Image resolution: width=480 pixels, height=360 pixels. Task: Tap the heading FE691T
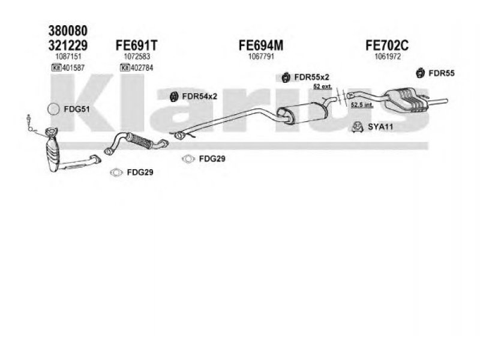click(x=137, y=45)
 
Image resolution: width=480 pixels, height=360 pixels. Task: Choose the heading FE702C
click(x=387, y=45)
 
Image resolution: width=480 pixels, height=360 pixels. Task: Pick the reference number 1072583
click(x=136, y=56)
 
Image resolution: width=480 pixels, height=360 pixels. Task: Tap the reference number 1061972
click(x=387, y=56)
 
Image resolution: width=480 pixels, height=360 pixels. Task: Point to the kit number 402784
click(x=140, y=67)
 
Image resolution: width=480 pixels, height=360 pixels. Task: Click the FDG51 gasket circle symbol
click(x=53, y=109)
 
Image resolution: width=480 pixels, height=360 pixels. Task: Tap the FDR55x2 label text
click(x=311, y=76)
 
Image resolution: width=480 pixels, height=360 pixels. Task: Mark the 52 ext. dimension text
click(x=322, y=88)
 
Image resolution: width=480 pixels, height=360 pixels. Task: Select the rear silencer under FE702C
click(x=408, y=98)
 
